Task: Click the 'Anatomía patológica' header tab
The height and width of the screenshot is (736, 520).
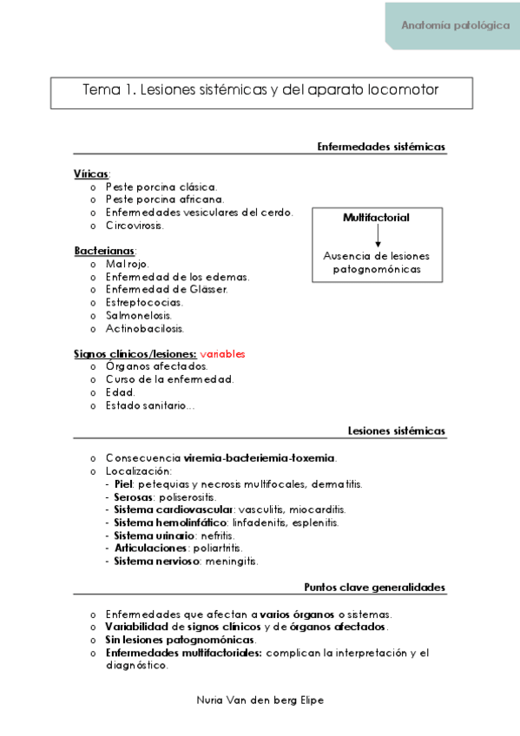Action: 455,26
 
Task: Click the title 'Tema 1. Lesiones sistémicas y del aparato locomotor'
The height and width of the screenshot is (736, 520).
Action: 260,90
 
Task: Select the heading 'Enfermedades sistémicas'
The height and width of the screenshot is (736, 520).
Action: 381,147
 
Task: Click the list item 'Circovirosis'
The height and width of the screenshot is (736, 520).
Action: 135,225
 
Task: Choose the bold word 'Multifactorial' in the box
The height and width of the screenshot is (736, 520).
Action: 376,218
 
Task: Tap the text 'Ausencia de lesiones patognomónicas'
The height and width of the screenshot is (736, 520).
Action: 377,262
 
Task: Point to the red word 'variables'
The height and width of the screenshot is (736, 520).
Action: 222,354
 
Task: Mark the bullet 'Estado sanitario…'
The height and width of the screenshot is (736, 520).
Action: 150,405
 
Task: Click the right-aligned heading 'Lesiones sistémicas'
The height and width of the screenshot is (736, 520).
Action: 396,430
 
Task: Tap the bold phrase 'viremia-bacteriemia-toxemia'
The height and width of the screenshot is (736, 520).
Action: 260,457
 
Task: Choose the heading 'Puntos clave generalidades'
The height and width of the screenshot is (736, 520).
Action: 374,588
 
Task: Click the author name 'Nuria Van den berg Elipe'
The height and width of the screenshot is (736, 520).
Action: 261,699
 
